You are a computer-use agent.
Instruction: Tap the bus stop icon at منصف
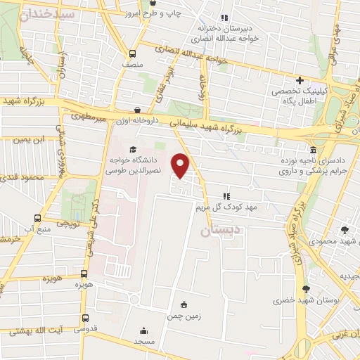pyautogui.click(x=132, y=53)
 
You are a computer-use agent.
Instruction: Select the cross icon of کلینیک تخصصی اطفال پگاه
pyautogui.click(x=300, y=81)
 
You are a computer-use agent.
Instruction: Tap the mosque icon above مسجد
pyautogui.click(x=143, y=331)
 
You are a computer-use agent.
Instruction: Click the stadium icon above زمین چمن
pyautogui.click(x=185, y=304)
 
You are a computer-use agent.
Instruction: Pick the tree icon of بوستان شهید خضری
pyautogui.click(x=306, y=289)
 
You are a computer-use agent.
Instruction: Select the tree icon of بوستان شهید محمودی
pyautogui.click(x=345, y=230)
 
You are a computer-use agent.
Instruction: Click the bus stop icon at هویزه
pyautogui.click(x=84, y=274)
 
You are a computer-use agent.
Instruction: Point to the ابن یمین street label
pyautogui.click(x=32, y=139)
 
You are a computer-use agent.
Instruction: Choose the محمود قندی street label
pyautogui.click(x=22, y=177)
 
